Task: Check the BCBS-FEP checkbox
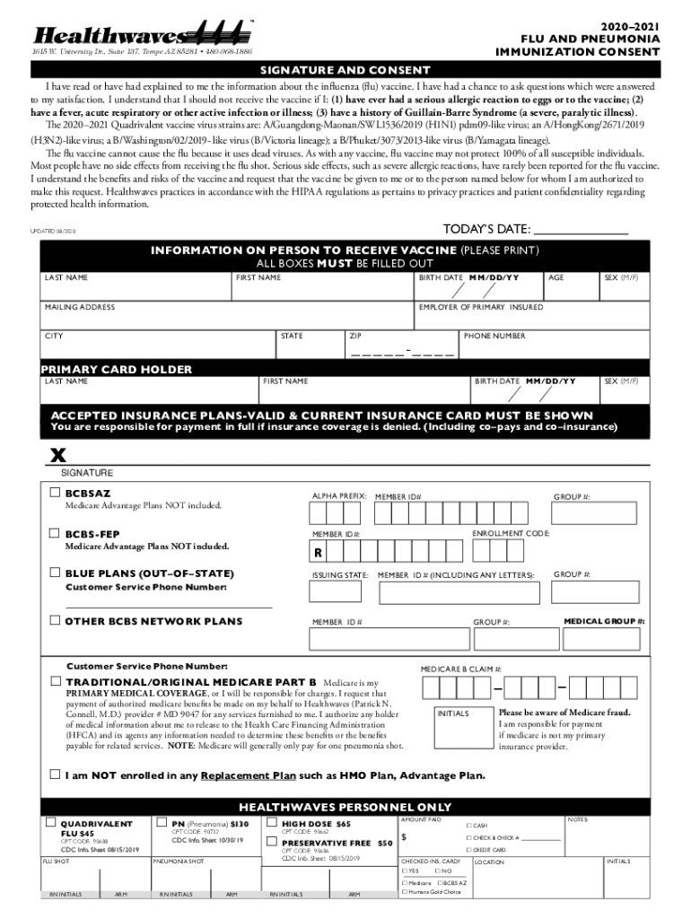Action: click(x=56, y=534)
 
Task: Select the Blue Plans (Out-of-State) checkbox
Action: click(x=56, y=573)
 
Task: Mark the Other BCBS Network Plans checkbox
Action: click(x=56, y=620)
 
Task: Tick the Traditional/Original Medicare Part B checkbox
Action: click(x=56, y=681)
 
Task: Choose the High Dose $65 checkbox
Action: click(x=272, y=822)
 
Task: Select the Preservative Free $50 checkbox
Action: click(x=272, y=842)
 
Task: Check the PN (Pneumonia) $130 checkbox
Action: click(x=161, y=822)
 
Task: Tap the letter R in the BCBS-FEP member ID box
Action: click(x=318, y=552)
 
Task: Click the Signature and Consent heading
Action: click(x=345, y=71)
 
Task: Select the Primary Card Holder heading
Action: click(x=116, y=369)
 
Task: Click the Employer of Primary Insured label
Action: click(x=480, y=307)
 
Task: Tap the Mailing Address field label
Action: click(x=80, y=307)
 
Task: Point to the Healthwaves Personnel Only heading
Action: click(x=345, y=806)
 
